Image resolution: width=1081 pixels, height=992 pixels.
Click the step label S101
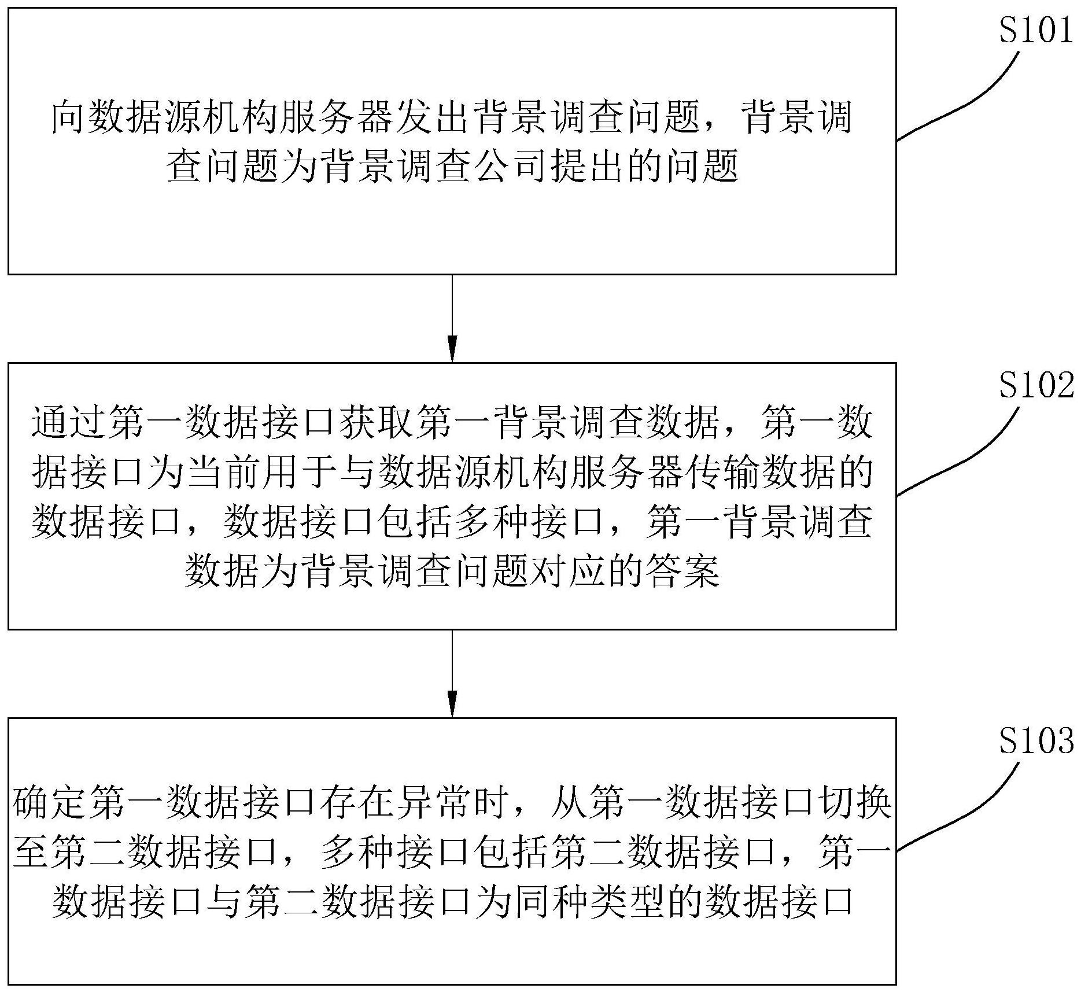pos(1036,30)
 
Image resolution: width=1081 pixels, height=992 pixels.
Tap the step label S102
pos(1036,385)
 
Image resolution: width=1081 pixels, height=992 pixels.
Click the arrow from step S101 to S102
pos(452,318)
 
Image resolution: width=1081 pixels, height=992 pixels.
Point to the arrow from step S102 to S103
pos(452,673)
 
